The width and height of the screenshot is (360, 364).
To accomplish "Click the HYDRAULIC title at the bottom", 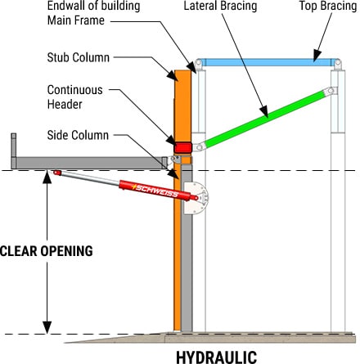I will (216, 355).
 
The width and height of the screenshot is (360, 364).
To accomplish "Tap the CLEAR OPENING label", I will (47, 249).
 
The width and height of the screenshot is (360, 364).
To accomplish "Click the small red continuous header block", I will (181, 147).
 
